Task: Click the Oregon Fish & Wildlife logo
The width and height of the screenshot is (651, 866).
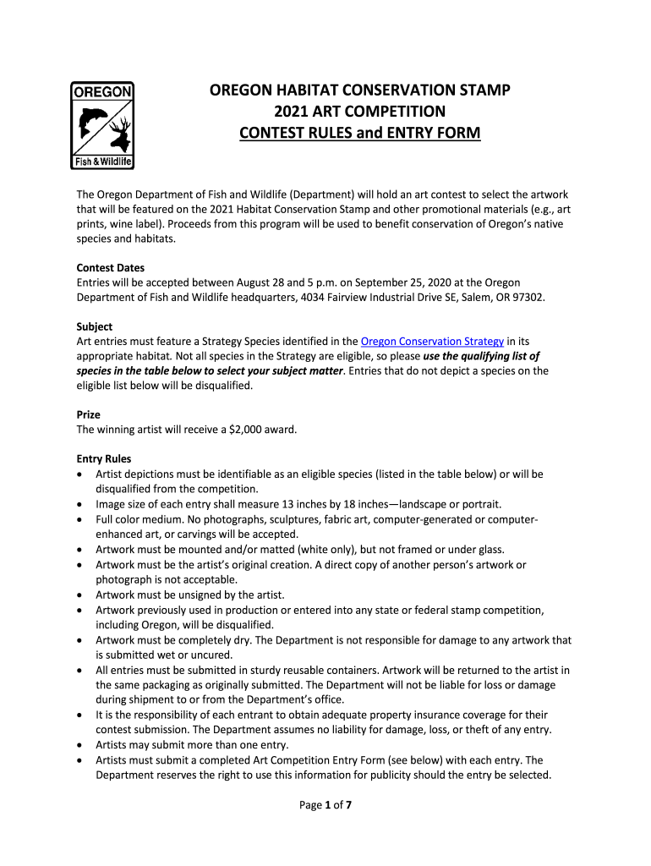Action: [x=101, y=125]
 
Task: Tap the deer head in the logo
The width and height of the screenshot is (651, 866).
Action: [x=118, y=135]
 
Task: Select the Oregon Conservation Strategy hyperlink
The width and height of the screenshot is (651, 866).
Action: [x=432, y=342]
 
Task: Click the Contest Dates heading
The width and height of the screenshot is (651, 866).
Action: [x=110, y=268]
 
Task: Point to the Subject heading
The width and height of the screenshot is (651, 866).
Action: [x=95, y=326]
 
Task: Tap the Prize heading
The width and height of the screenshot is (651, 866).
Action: [x=89, y=415]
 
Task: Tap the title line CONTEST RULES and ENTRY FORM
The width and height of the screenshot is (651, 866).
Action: [x=359, y=134]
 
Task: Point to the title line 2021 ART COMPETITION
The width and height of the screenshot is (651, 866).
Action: [x=359, y=112]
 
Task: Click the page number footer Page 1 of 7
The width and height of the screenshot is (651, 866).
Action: [x=325, y=805]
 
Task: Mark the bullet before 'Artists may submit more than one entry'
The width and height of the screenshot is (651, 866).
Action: [x=79, y=745]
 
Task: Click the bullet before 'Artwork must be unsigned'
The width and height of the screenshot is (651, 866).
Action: [x=79, y=595]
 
